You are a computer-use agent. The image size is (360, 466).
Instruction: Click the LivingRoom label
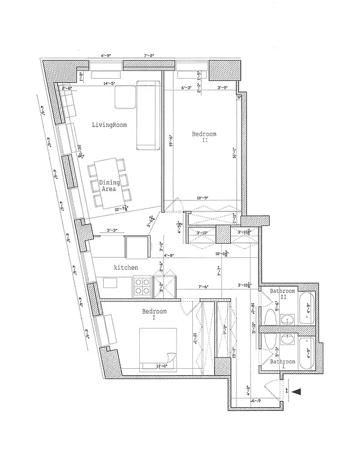tap(110, 125)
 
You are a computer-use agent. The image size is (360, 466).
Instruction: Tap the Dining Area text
tap(110, 186)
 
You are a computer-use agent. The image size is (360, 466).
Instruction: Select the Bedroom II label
tap(204, 137)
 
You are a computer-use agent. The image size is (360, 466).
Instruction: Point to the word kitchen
tap(125, 267)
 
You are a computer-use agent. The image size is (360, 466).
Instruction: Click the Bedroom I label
tap(154, 315)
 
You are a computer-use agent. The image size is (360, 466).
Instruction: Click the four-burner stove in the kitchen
tap(143, 286)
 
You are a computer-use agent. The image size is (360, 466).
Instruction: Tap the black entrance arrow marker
tap(297, 393)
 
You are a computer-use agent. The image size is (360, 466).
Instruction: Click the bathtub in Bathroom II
tap(305, 309)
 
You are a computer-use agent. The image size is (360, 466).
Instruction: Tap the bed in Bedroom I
tap(158, 348)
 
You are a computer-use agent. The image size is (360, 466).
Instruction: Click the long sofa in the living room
tap(148, 116)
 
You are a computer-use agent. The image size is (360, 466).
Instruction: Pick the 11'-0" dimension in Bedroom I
tap(163, 366)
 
